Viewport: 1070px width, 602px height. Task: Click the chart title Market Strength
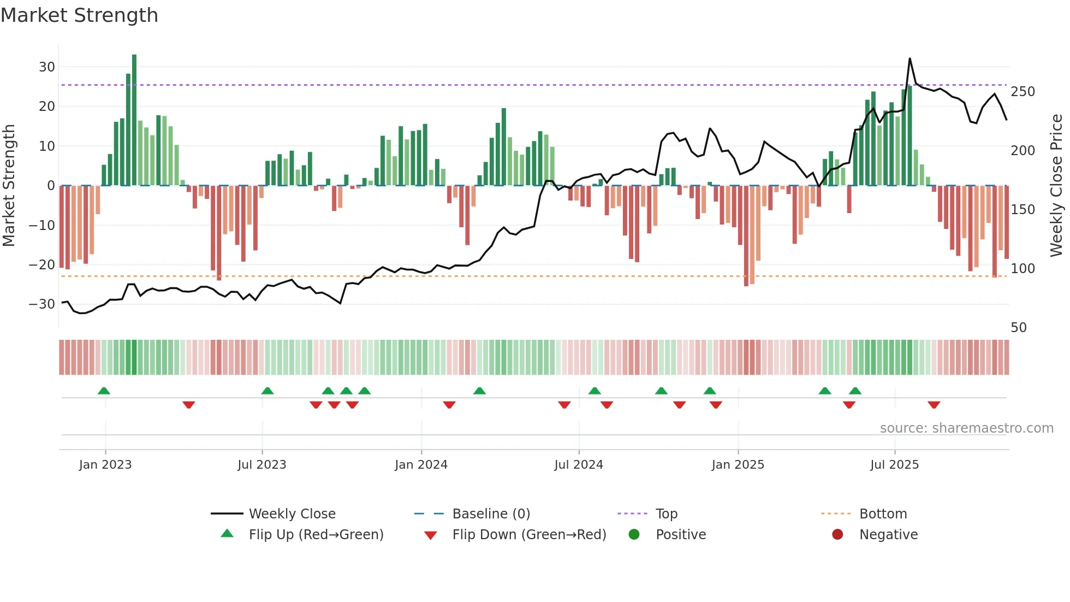(x=79, y=15)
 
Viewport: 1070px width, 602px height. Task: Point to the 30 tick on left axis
(x=47, y=67)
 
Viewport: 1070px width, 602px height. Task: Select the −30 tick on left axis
(x=43, y=304)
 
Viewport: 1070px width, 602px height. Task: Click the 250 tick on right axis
(x=1023, y=92)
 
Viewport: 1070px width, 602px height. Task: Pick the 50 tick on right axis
(x=1019, y=328)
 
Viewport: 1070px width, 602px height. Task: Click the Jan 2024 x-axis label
(x=421, y=465)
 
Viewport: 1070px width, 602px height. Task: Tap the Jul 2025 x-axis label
(x=894, y=465)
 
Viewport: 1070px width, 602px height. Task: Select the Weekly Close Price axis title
(x=1056, y=186)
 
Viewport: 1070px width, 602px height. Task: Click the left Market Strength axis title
(x=9, y=186)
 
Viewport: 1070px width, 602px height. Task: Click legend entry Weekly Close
(x=292, y=514)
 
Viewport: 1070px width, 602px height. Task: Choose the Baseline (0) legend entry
(x=491, y=514)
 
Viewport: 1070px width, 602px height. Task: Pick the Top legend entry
(x=666, y=514)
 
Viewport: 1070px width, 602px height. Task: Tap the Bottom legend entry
(x=883, y=514)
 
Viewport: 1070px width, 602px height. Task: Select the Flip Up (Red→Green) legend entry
(x=316, y=535)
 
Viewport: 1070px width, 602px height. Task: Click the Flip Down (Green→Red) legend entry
(x=528, y=535)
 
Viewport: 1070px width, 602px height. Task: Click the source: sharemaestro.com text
(x=966, y=428)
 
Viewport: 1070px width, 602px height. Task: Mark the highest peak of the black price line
(x=909, y=59)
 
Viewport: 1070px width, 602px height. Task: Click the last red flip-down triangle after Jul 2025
(x=934, y=405)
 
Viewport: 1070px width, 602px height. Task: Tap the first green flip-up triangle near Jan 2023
(x=104, y=391)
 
